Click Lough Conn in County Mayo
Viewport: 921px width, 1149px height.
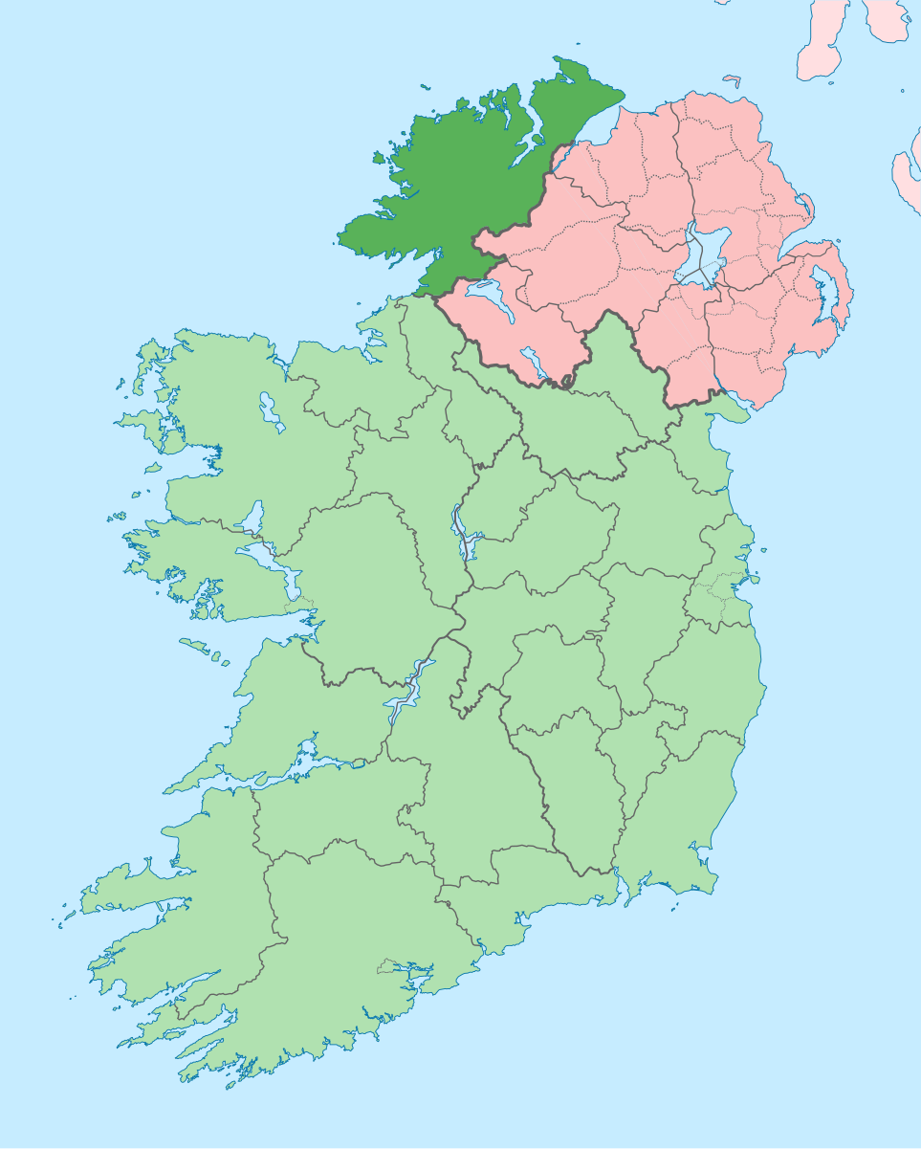click(269, 411)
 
